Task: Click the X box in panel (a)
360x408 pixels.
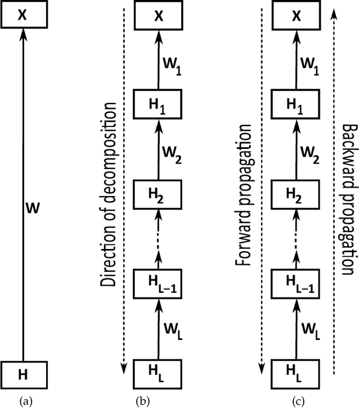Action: tap(22, 15)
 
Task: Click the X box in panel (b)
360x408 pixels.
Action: tap(158, 15)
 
